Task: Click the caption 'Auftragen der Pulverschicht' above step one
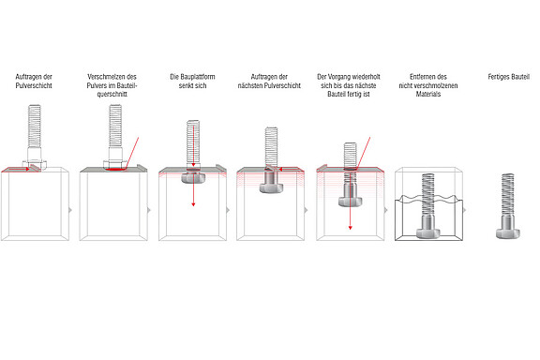tap(35, 80)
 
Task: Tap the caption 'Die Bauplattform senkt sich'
tap(192, 80)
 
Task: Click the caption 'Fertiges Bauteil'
tap(507, 75)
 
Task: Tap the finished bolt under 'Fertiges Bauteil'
tap(507, 206)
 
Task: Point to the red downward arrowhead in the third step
tap(193, 203)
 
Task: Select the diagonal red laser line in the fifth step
tap(364, 152)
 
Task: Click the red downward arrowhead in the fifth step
tap(350, 227)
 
